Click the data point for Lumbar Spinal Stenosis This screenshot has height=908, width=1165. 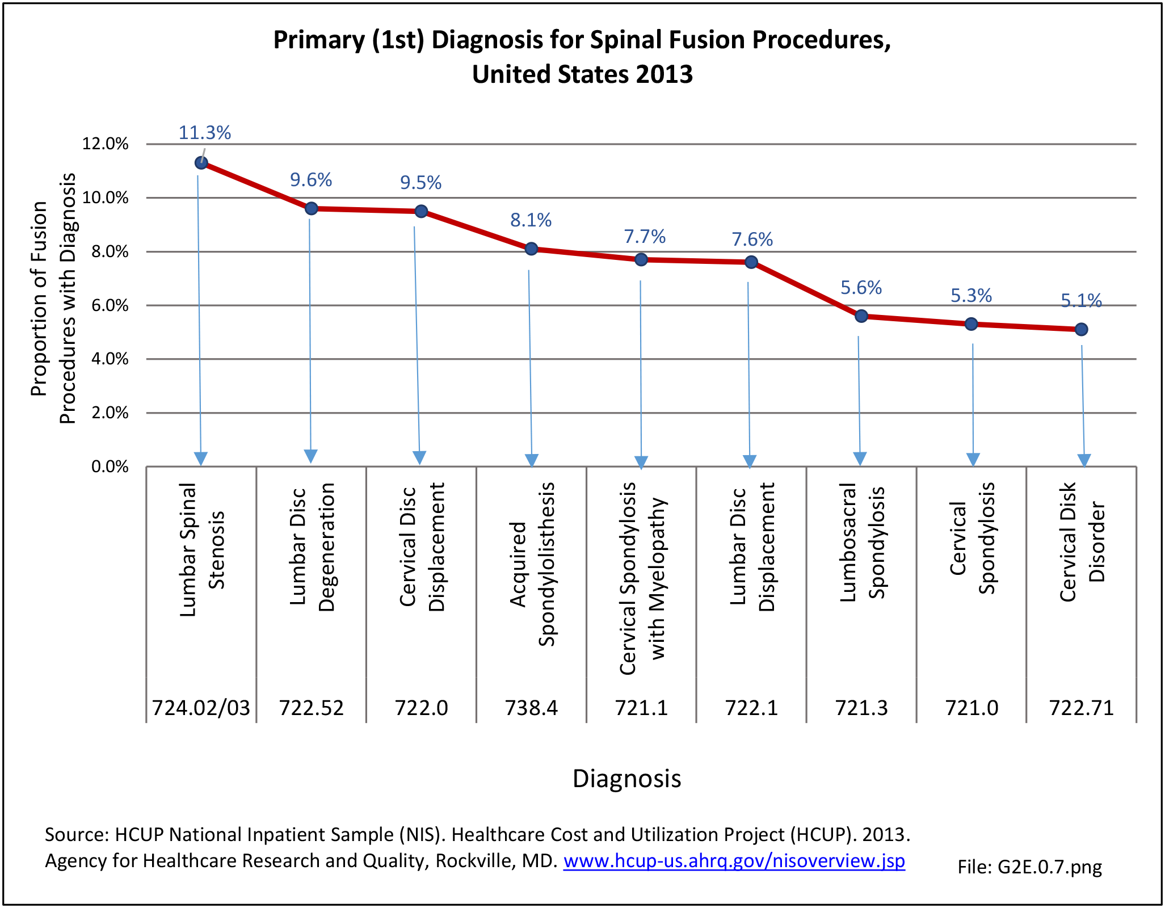201,163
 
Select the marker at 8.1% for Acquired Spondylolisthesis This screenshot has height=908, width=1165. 531,249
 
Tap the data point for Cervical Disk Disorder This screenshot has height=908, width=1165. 1081,329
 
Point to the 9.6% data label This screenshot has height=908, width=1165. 311,180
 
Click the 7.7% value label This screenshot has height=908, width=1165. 645,236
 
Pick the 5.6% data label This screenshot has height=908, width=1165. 861,288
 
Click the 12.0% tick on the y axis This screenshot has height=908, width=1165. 106,144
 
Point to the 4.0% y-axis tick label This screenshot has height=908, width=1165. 110,359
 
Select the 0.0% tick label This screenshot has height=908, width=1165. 110,466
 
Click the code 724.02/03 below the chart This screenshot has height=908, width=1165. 201,708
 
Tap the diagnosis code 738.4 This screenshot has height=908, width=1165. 531,708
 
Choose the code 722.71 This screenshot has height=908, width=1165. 1082,708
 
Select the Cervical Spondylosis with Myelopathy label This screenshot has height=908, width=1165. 642,578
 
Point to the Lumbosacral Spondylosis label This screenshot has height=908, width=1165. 862,542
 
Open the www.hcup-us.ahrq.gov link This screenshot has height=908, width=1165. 734,861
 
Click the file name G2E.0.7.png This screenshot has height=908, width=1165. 1029,867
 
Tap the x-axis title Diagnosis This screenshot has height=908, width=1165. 626,778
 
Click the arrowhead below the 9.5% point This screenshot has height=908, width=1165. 419,457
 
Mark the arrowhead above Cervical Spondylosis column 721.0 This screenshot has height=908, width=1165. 973,459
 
